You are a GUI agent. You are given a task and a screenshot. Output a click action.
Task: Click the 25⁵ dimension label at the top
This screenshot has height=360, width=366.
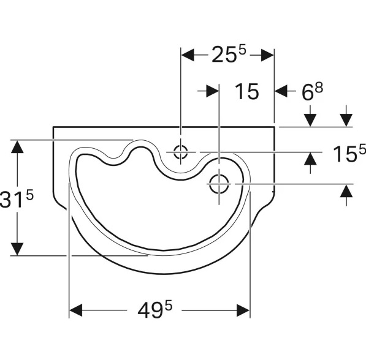pos(229,54)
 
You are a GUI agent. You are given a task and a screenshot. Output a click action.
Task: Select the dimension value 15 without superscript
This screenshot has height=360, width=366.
pos(247,91)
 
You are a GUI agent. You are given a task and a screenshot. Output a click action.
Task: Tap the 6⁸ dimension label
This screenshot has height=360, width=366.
pos(312,91)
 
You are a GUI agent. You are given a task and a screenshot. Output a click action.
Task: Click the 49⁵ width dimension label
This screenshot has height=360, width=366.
pos(154,310)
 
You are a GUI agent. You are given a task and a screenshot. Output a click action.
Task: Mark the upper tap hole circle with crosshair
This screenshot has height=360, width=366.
pos(180,152)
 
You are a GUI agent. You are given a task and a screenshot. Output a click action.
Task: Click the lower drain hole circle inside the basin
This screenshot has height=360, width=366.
pos(219,184)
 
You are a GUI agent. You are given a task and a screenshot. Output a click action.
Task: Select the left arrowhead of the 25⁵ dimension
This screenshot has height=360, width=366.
pos(188,55)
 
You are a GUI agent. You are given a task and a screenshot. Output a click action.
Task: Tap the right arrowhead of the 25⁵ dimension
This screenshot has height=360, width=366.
pos(267,55)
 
